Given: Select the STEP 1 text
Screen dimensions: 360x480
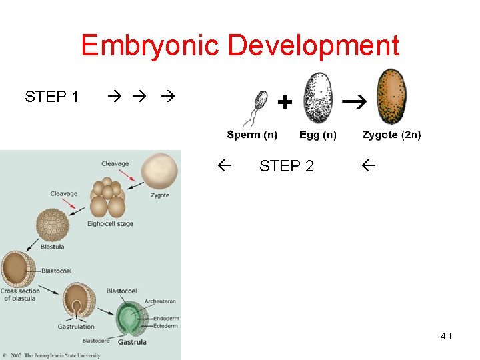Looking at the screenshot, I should point(51,97).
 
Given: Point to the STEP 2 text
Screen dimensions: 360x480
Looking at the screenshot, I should point(286,166).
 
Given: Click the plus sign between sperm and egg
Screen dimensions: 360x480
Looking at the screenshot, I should point(284,102).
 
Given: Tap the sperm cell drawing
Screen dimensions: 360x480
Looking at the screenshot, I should point(255,107).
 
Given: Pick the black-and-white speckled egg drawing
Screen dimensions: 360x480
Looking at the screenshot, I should point(317,97).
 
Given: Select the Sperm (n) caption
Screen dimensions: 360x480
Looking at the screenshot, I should point(252,135).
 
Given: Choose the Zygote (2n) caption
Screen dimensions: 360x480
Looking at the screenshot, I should point(391,135).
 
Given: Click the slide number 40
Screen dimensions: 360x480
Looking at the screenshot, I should point(445,336).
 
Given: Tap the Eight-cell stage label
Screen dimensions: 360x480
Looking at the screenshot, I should point(110,224).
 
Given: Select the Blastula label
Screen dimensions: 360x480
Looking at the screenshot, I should point(52,247).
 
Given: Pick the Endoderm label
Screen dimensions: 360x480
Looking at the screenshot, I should point(166,319).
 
